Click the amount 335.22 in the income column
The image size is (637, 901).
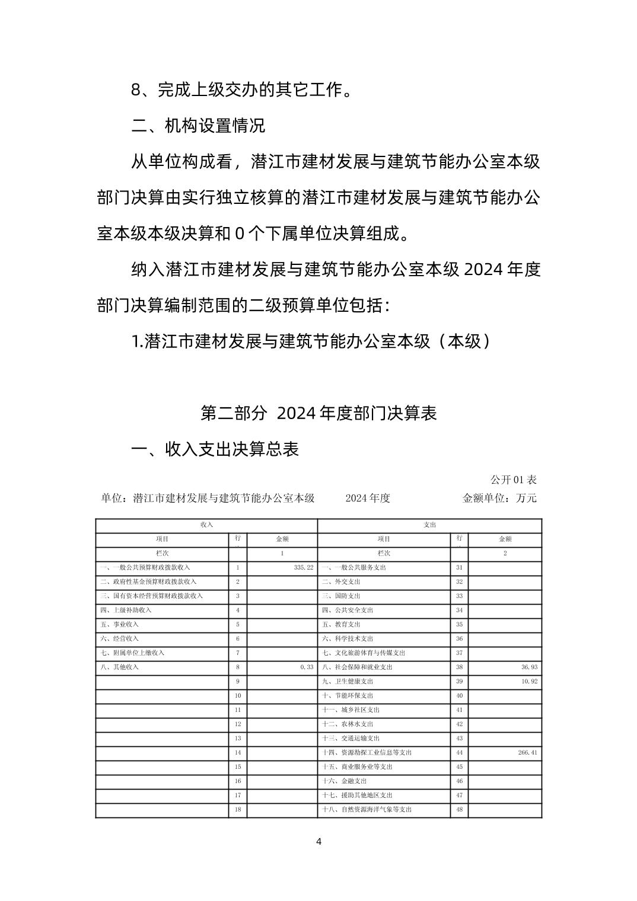pyautogui.click(x=303, y=567)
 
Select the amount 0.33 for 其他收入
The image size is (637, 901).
pyautogui.click(x=307, y=667)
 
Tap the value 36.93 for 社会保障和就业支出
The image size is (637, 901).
pyautogui.click(x=529, y=667)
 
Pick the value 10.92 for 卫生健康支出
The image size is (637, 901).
pyautogui.click(x=529, y=681)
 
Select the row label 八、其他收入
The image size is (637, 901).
pyautogui.click(x=119, y=667)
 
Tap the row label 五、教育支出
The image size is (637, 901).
pyautogui.click(x=341, y=624)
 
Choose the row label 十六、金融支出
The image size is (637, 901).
pyautogui.click(x=345, y=781)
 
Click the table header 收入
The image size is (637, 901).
pyautogui.click(x=206, y=525)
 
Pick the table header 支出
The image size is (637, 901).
pyautogui.click(x=430, y=525)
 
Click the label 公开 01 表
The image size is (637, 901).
pyautogui.click(x=513, y=480)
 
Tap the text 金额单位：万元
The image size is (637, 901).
pyautogui.click(x=499, y=498)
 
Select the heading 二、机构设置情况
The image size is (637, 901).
pyautogui.click(x=198, y=126)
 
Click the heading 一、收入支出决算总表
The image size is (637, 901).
pyautogui.click(x=215, y=449)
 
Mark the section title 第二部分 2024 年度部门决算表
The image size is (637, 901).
pyautogui.click(x=318, y=413)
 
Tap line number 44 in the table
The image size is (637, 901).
pyautogui.click(x=459, y=752)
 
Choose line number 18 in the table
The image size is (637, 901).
pyautogui.click(x=238, y=809)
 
